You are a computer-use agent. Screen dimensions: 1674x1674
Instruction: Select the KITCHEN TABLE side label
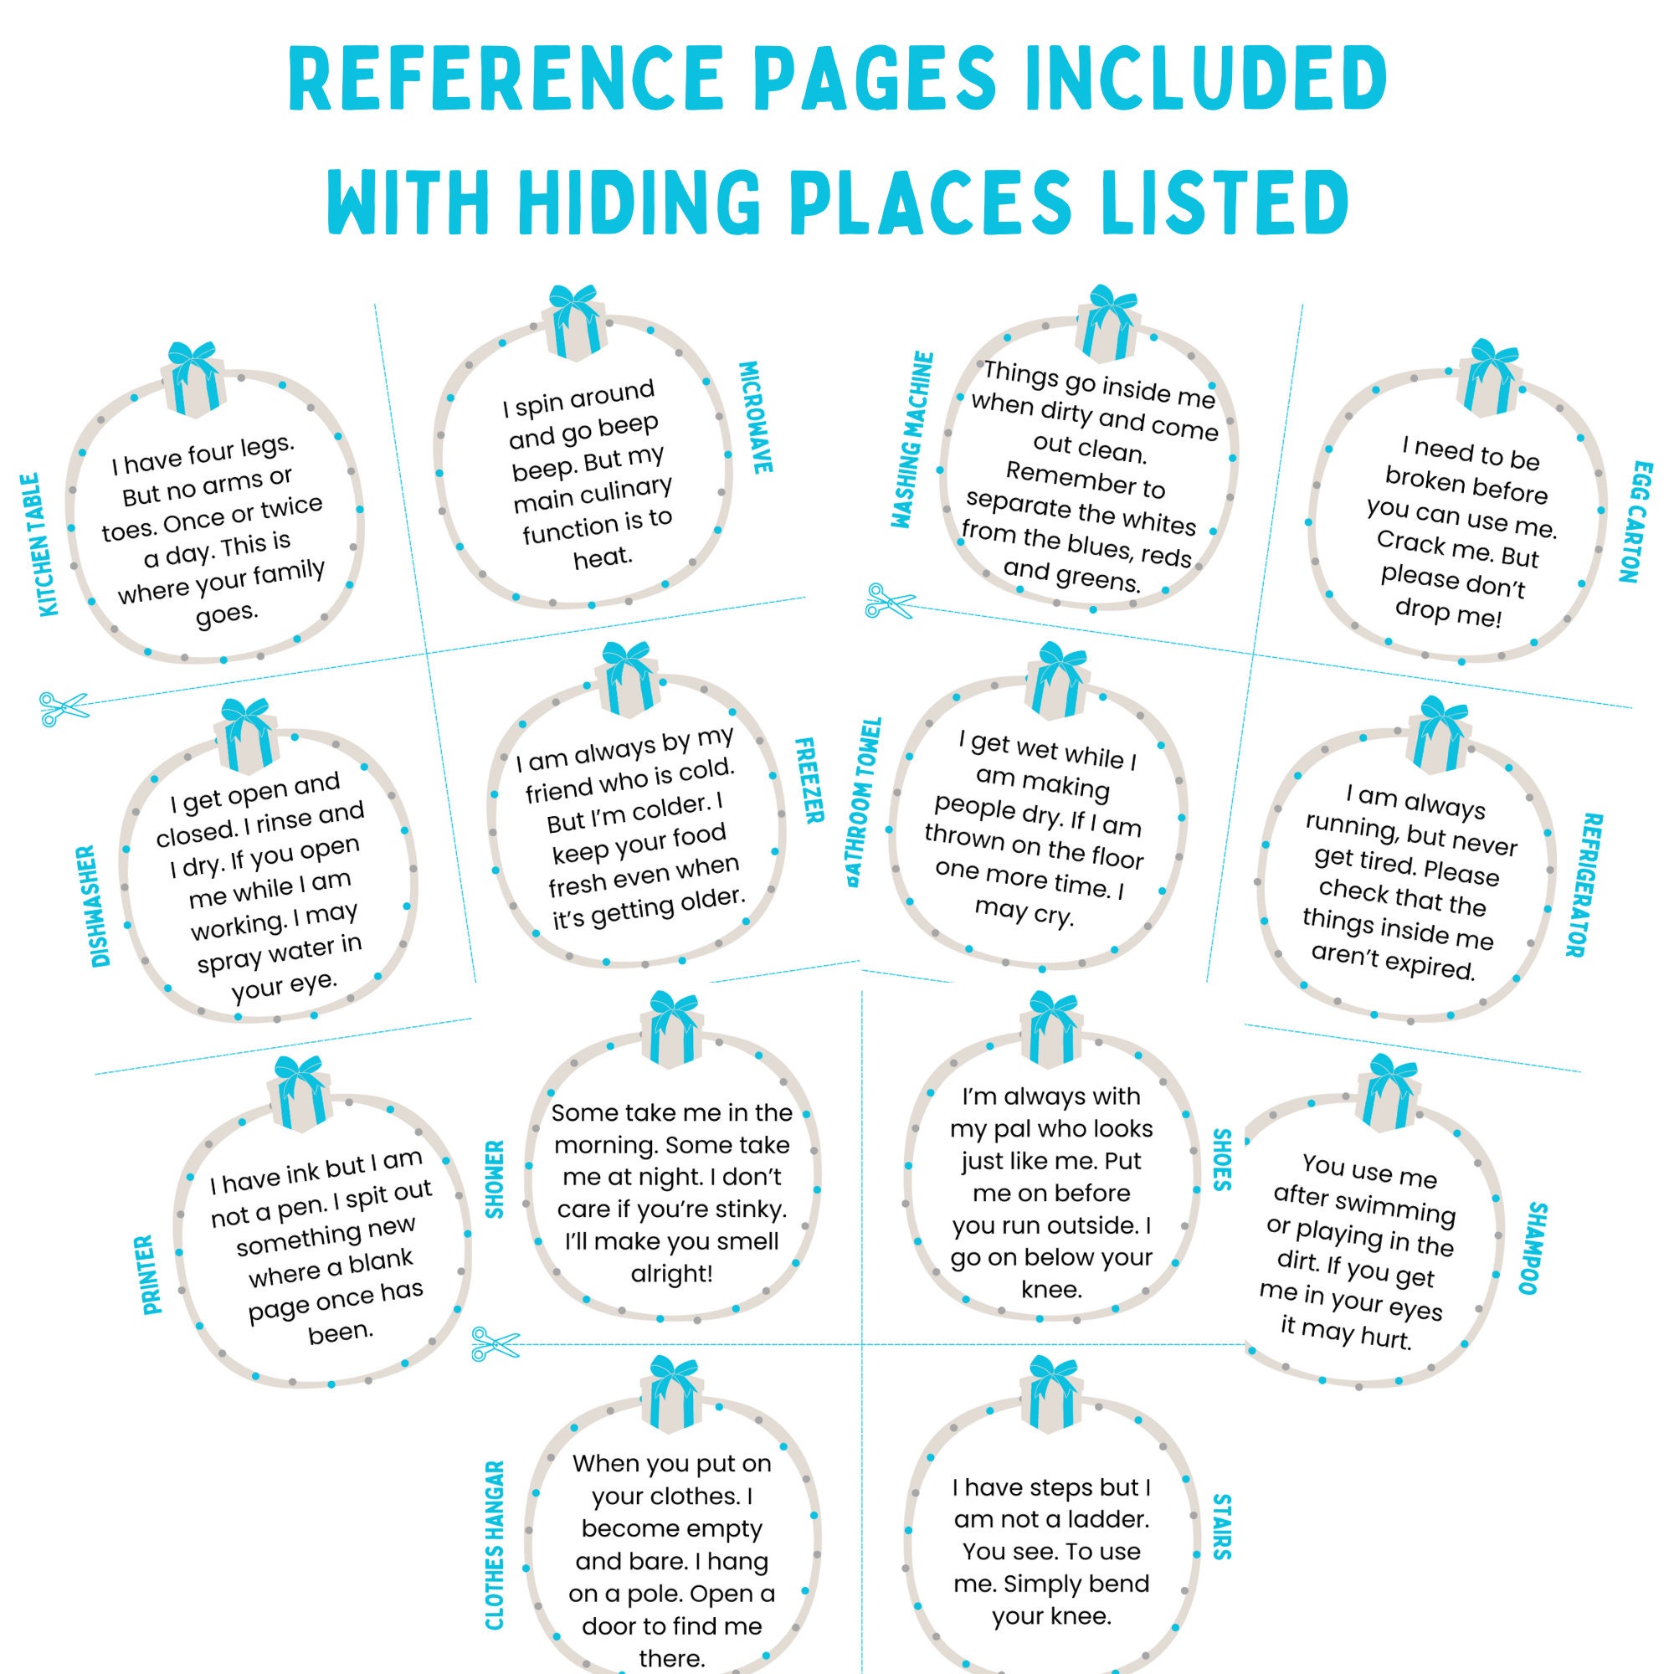click(x=42, y=544)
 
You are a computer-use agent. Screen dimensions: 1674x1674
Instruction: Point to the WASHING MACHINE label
click(x=915, y=439)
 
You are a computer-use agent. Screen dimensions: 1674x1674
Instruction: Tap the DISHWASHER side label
click(x=100, y=906)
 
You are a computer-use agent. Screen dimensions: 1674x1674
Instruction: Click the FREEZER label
click(x=809, y=780)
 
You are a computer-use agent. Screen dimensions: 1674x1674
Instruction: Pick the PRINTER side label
click(x=152, y=1275)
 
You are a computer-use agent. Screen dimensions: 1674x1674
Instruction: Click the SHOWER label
click(x=495, y=1179)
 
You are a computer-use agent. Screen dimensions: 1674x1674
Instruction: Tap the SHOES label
click(x=1222, y=1160)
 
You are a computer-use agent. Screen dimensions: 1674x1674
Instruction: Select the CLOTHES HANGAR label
click(x=494, y=1557)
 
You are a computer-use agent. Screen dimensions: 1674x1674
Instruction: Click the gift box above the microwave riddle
click(x=573, y=320)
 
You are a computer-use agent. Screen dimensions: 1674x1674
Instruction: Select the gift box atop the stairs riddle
click(x=1050, y=1394)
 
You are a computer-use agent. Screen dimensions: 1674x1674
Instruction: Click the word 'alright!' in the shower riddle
click(x=671, y=1274)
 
